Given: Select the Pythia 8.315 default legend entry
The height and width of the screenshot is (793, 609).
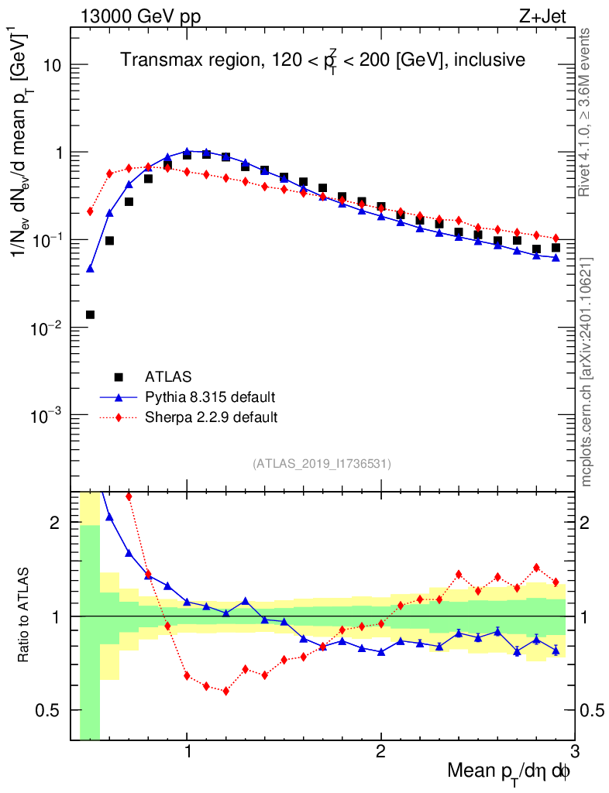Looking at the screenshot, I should [x=209, y=397].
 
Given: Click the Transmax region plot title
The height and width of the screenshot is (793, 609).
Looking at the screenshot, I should [x=323, y=60].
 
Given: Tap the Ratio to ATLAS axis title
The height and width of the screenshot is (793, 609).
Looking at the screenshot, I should [x=25, y=616].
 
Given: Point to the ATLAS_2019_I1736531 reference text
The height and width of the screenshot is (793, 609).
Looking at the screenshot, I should [x=322, y=464].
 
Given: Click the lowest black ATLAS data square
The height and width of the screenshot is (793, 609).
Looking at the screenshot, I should [x=90, y=314].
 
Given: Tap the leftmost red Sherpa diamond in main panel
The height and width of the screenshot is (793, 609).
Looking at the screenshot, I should [x=90, y=211].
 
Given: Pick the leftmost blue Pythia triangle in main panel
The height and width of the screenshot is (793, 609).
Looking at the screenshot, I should [x=90, y=269].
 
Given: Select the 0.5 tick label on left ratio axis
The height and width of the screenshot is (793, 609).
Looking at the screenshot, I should [x=50, y=710].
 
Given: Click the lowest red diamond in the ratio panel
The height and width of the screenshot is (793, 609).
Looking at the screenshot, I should [x=225, y=691].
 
